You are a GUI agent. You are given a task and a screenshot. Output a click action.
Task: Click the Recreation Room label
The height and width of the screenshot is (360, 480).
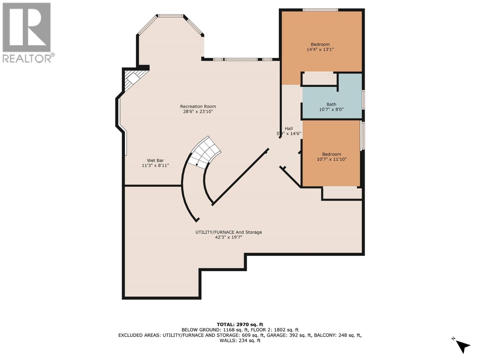[x=198, y=106]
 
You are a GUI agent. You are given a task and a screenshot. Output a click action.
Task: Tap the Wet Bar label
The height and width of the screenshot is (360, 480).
[x=155, y=160]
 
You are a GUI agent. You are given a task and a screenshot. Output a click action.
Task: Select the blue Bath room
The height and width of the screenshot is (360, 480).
[x=331, y=102]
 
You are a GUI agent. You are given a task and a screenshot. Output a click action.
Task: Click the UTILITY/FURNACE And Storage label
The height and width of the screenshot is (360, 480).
[x=229, y=232]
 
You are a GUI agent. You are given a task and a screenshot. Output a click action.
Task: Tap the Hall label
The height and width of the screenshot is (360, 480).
[x=289, y=128]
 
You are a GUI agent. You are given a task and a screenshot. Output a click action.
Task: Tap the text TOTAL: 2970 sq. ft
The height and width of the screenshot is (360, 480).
[x=240, y=324]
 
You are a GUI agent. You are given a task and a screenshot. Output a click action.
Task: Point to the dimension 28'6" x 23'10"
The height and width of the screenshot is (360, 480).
[x=198, y=112]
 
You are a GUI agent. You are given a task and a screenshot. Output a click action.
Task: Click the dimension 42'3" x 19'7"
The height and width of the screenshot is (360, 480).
[x=229, y=237]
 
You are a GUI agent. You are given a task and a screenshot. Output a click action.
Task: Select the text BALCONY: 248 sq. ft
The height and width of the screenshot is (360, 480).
[x=338, y=335]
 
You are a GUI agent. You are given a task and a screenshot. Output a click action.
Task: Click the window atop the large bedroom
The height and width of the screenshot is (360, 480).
[x=320, y=10]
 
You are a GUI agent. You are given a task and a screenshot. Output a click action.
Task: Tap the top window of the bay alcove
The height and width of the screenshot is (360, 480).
[x=171, y=16]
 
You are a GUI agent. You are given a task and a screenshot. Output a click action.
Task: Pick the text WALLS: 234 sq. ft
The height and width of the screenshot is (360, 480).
[x=240, y=340]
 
